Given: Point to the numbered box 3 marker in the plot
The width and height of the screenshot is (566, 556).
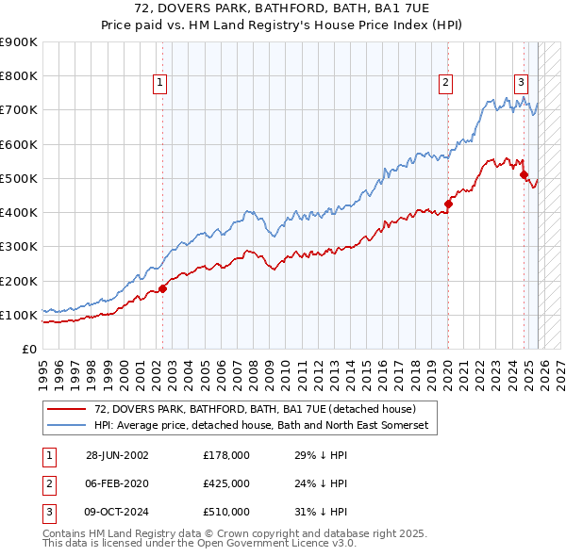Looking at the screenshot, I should [x=521, y=82].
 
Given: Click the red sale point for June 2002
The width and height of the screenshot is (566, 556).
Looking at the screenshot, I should [x=162, y=288].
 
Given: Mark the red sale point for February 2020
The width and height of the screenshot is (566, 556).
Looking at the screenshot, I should [x=448, y=204].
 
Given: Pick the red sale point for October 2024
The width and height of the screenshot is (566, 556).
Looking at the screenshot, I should [x=524, y=174].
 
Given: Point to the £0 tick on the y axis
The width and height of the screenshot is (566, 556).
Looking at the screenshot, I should [x=27, y=349].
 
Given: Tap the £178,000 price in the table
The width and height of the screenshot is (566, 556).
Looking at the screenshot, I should [x=225, y=454].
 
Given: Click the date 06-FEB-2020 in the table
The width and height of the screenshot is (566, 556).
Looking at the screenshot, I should [x=116, y=482].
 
